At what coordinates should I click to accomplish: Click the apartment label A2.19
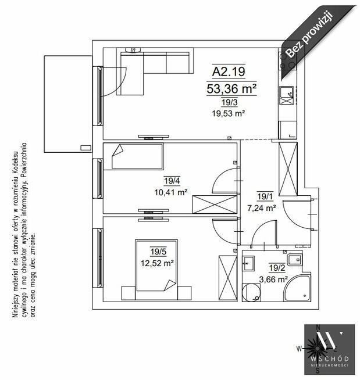click(229, 71)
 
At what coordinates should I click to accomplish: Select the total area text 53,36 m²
click(231, 88)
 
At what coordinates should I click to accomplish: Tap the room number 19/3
click(229, 102)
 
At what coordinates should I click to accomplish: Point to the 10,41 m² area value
click(171, 192)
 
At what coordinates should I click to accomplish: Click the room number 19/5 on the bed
click(158, 252)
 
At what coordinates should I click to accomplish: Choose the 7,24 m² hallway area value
click(262, 207)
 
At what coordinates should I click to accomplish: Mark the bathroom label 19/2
click(277, 268)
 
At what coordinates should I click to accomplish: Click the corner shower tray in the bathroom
click(298, 288)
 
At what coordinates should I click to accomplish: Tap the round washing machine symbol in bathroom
click(251, 293)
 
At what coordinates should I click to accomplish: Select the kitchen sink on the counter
click(286, 95)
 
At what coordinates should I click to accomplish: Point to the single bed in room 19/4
click(137, 156)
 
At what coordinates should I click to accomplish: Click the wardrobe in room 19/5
click(228, 278)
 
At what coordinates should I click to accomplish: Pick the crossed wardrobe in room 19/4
click(215, 205)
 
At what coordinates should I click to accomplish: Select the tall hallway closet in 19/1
click(288, 169)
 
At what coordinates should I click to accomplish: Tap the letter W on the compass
click(299, 349)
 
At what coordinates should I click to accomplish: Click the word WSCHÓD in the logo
click(329, 359)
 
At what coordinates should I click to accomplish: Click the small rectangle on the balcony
click(85, 148)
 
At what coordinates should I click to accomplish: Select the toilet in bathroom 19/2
click(295, 260)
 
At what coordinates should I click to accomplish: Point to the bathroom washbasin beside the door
click(248, 263)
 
